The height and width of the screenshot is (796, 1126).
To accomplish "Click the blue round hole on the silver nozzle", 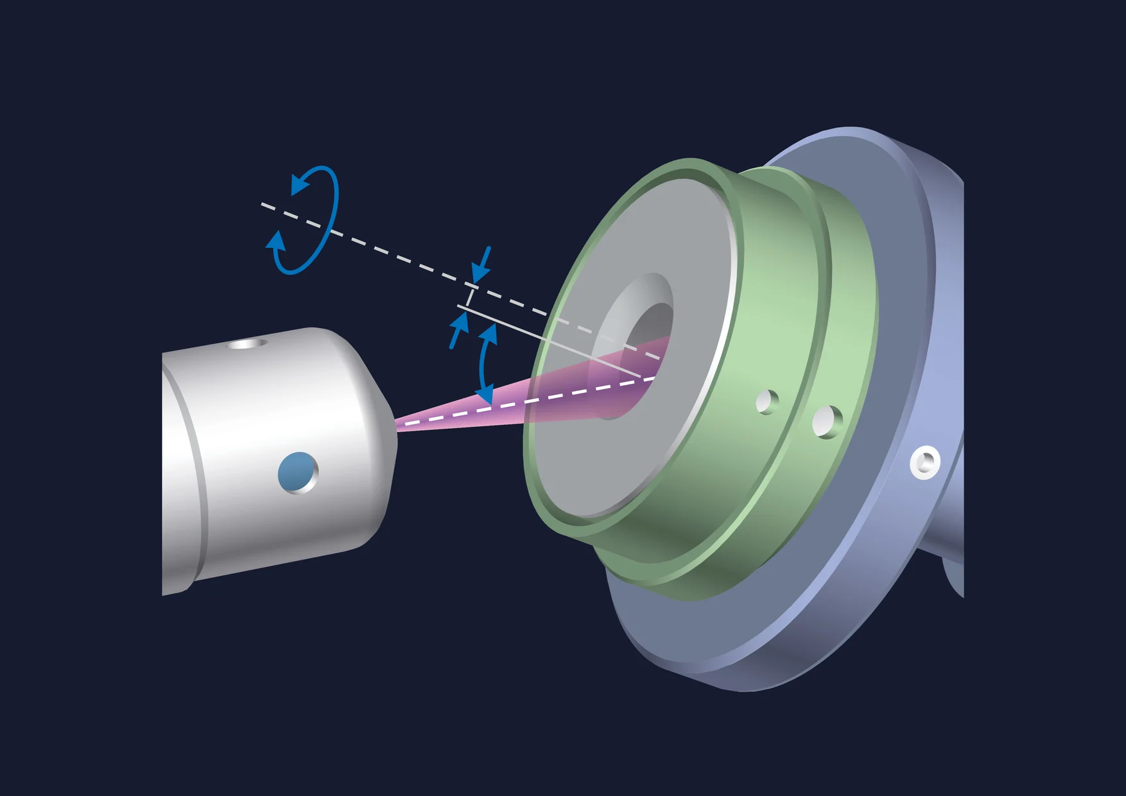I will [297, 472].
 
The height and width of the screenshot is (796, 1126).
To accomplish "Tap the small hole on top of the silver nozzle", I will [248, 343].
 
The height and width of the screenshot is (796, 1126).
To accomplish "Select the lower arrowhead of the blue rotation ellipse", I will [277, 241].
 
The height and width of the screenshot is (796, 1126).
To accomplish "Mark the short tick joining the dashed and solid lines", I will [471, 297].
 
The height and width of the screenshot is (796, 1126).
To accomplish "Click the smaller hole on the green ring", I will [767, 402].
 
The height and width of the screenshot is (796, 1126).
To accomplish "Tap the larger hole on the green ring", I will [826, 422].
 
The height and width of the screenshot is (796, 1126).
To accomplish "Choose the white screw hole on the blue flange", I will [924, 462].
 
